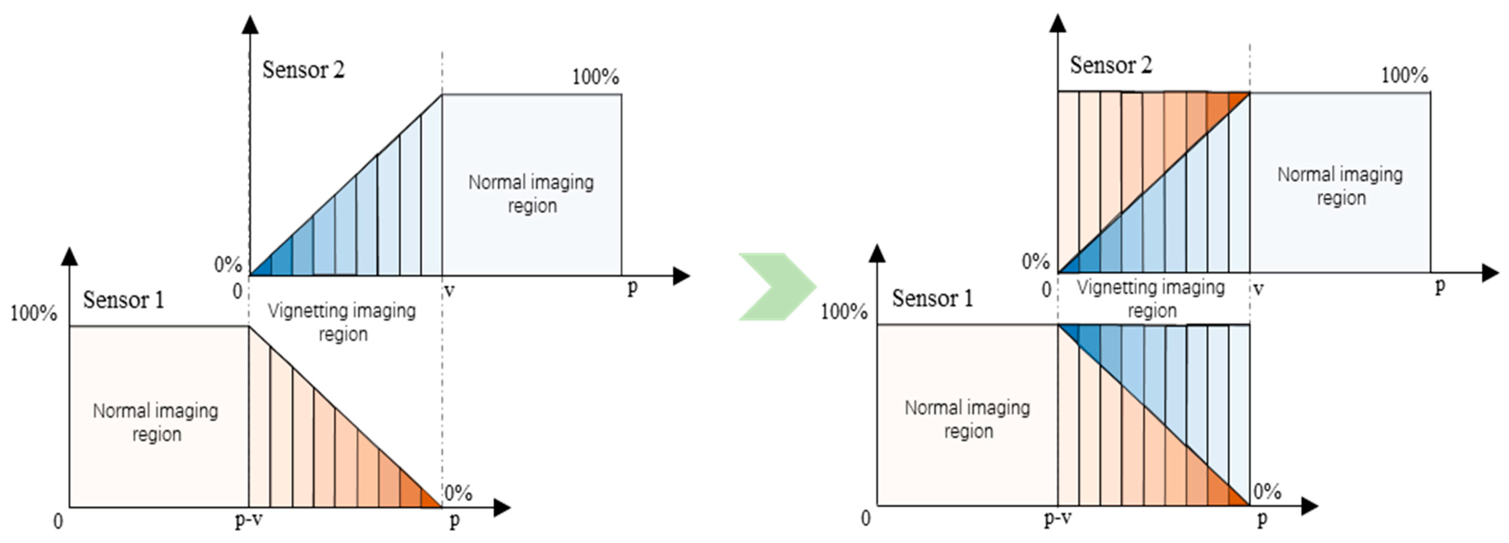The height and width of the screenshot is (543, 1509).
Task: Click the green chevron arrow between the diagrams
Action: [776, 287]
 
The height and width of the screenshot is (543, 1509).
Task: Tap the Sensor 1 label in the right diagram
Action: [932, 298]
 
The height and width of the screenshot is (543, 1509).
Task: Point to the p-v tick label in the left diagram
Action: [248, 519]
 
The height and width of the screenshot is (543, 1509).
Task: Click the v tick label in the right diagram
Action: [1258, 289]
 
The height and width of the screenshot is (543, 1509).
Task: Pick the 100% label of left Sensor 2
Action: [595, 77]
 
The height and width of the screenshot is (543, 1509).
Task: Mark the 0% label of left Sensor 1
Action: [458, 493]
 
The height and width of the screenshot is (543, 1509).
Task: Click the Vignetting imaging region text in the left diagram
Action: [342, 322]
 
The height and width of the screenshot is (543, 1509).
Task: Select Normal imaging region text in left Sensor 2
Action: [531, 193]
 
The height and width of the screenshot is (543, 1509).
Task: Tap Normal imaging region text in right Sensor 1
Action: [967, 419]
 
